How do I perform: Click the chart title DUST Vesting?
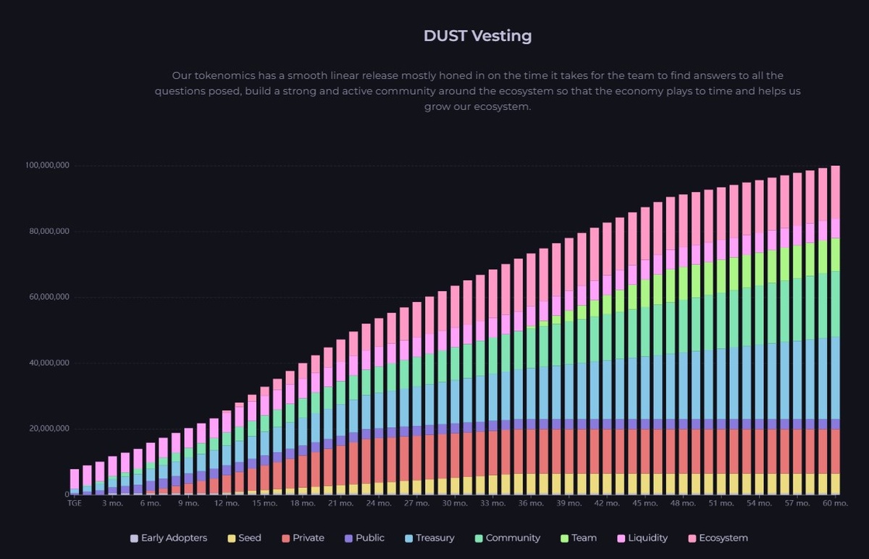[x=477, y=35]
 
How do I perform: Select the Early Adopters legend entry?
[x=168, y=538]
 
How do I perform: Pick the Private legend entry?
[x=302, y=538]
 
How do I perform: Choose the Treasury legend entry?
[x=429, y=538]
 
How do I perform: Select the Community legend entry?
[x=507, y=538]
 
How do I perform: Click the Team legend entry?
[x=578, y=538]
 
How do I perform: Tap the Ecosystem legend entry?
[x=717, y=538]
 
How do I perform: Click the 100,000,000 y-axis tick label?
[x=47, y=166]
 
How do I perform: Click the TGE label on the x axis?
[x=75, y=503]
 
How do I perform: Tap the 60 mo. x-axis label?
[x=835, y=503]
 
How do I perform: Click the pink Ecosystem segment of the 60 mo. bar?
[x=835, y=192]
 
